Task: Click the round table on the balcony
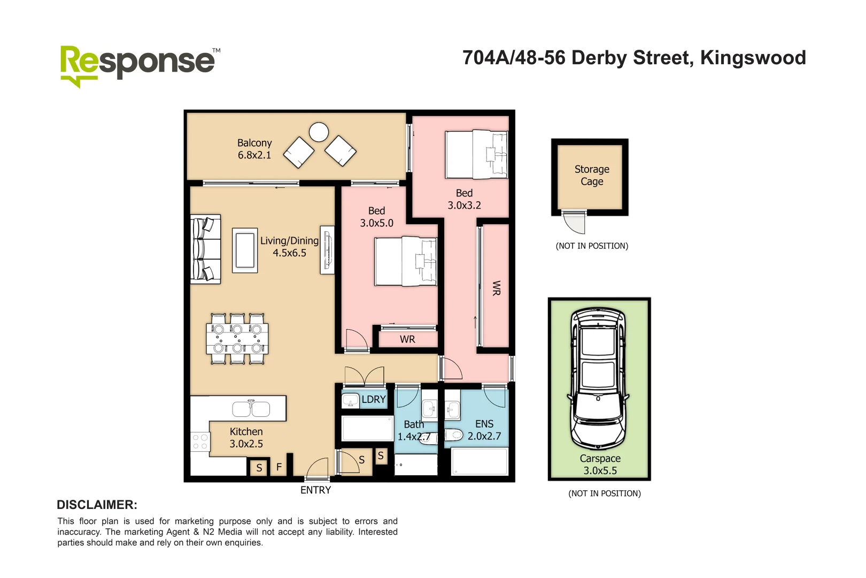319,132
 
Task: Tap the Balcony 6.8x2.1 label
254,149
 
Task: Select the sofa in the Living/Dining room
206,249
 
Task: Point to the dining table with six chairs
237,339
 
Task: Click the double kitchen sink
251,409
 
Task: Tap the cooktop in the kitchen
200,442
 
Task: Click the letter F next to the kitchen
279,467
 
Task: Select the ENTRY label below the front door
315,490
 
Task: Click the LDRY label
373,399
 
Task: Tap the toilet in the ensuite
454,435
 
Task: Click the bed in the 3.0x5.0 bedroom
406,262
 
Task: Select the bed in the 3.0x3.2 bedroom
476,155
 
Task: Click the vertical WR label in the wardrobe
496,288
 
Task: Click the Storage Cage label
592,175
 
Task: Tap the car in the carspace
598,378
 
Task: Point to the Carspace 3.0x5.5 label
600,465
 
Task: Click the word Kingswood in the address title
753,58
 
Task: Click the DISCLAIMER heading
97,505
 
